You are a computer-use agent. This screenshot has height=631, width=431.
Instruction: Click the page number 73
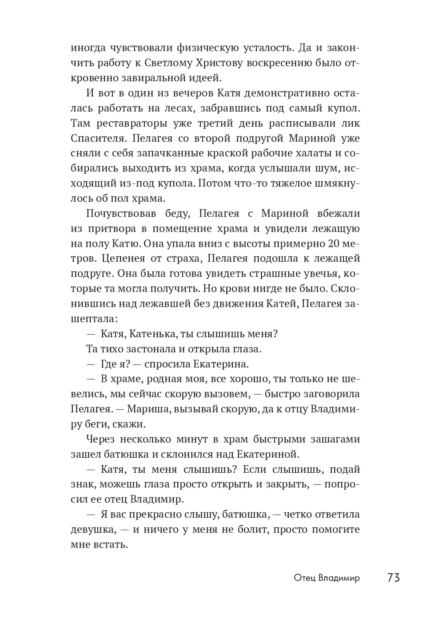point(393,577)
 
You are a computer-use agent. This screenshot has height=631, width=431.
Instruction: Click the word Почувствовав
point(121,213)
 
